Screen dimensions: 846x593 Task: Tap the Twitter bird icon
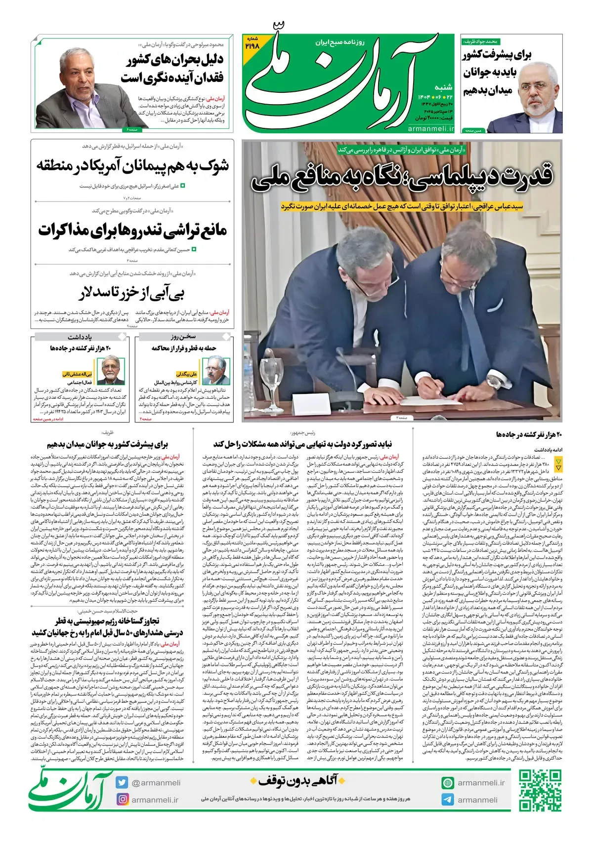pyautogui.click(x=122, y=782)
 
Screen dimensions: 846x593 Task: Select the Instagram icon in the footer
pyautogui.click(x=122, y=799)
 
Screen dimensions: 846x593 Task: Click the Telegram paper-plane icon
pyautogui.click(x=448, y=800)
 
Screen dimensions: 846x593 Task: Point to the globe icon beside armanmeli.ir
pyautogui.click(x=448, y=782)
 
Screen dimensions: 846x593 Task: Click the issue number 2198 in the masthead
pyautogui.click(x=252, y=45)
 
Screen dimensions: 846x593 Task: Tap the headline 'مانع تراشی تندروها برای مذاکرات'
pyautogui.click(x=132, y=230)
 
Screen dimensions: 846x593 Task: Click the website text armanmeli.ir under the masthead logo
pyautogui.click(x=431, y=128)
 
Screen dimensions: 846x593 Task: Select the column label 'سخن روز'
pyautogui.click(x=183, y=337)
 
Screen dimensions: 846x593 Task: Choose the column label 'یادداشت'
pyautogui.click(x=80, y=337)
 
